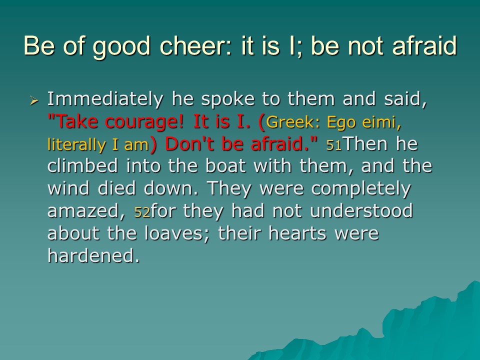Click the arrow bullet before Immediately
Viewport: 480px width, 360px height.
[34, 100]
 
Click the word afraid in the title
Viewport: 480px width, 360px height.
[424, 46]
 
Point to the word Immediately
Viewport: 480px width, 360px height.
[105, 99]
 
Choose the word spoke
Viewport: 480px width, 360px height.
[228, 99]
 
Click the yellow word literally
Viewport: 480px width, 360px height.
[76, 144]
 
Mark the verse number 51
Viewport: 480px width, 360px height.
[333, 145]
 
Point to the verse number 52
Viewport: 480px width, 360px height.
[142, 212]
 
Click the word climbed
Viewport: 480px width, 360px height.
[82, 166]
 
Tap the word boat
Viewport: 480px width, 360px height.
[225, 166]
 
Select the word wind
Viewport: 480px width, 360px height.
[68, 188]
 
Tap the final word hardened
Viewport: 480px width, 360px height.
[93, 255]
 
